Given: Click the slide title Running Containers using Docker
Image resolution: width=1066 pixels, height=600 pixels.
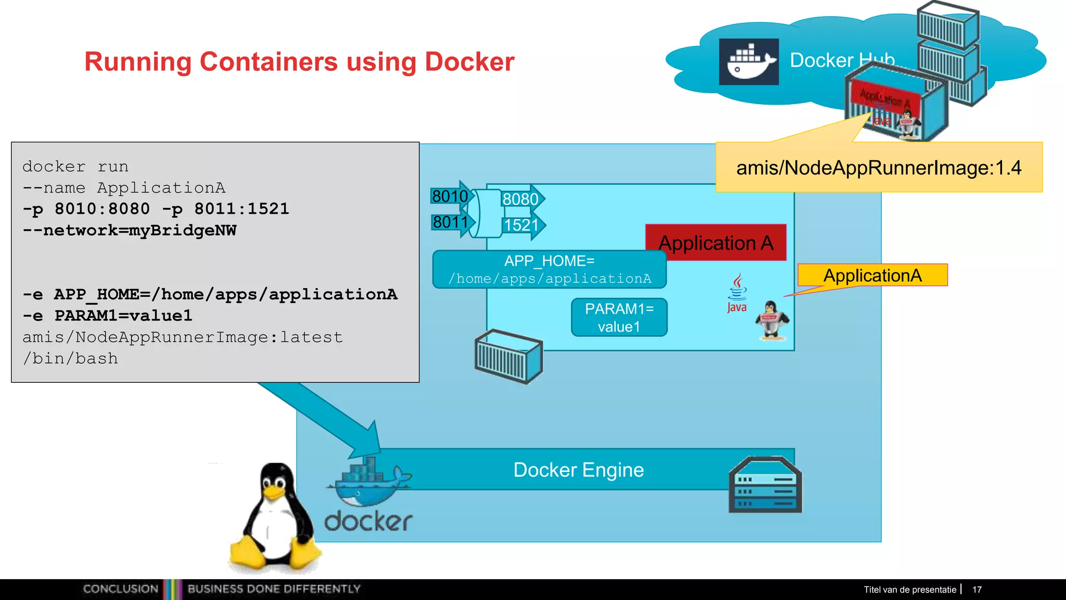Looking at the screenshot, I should (299, 62).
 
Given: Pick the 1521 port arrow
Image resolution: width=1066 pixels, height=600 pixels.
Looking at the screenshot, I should (522, 225).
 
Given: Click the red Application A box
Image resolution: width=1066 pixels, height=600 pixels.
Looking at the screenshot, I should (716, 243).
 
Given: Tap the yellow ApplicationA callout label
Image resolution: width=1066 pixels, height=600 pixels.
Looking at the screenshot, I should (872, 275).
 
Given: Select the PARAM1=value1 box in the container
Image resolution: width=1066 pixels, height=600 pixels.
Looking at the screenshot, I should (619, 318).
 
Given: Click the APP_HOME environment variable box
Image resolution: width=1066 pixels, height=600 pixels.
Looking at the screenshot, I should (549, 269).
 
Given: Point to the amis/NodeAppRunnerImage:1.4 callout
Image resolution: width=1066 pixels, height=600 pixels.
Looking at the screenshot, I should (879, 168).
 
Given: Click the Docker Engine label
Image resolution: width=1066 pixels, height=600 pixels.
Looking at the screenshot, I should (578, 470).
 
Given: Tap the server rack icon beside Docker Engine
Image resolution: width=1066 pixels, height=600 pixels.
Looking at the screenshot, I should (765, 485).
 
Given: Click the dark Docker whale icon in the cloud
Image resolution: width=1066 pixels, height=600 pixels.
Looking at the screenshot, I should (748, 61).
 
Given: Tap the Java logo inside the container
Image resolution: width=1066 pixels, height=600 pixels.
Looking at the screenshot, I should (737, 293).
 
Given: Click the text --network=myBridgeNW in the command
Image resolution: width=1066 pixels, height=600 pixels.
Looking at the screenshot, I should (130, 230).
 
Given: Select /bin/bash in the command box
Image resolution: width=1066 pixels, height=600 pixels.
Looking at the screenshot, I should (71, 358).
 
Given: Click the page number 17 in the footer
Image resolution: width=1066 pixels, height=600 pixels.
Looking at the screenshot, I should (977, 590).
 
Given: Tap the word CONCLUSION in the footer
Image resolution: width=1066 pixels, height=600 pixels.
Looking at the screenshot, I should (121, 589).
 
